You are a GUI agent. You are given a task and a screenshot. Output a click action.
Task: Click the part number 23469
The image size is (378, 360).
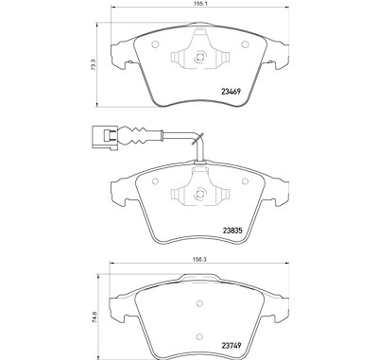(232, 92)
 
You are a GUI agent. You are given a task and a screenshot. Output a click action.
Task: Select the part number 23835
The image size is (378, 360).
(232, 231)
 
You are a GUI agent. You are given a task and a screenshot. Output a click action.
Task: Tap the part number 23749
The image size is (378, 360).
(232, 346)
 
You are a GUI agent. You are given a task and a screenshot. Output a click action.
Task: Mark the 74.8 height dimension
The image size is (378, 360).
(94, 316)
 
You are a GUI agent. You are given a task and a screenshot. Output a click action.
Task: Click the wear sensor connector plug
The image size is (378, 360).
(105, 136)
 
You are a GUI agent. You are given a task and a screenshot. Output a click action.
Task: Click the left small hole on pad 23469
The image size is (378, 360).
(155, 44)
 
